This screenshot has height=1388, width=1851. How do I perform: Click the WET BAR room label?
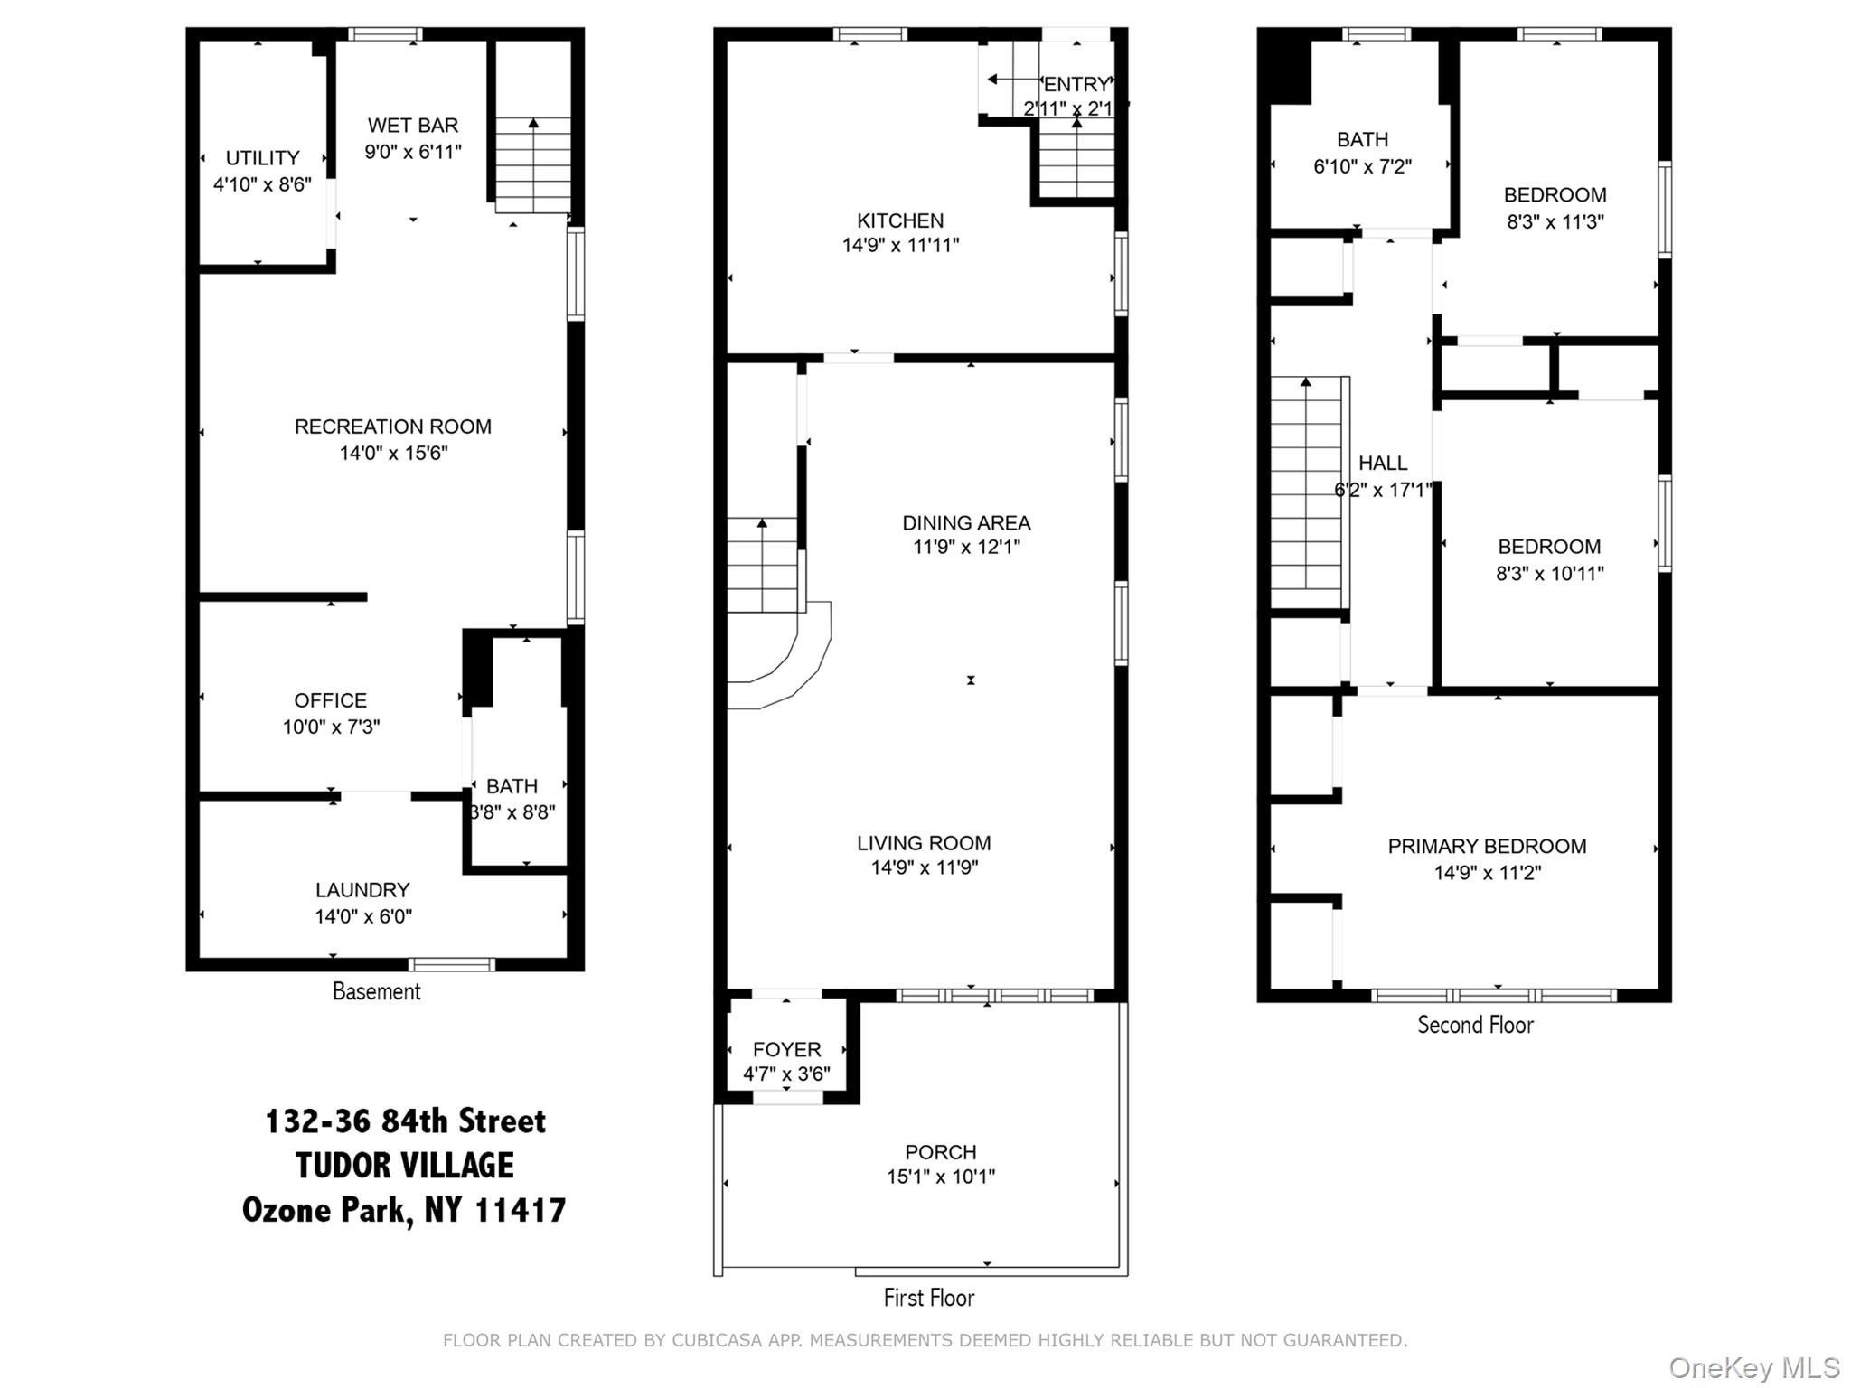pos(413,126)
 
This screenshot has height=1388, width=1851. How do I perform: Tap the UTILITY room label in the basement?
pos(262,158)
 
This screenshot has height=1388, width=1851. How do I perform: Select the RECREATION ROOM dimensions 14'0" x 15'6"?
pos(393,453)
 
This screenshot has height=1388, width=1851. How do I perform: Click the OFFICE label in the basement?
pos(331,700)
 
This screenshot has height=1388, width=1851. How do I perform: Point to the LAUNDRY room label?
pos(362,890)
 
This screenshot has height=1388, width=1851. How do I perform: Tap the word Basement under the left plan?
pos(377,991)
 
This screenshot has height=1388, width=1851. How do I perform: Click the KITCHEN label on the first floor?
pos(900,220)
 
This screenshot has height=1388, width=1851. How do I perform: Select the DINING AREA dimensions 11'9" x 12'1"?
pos(966,547)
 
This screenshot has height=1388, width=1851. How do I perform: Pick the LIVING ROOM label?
pos(924,843)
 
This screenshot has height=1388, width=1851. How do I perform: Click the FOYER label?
pos(787,1050)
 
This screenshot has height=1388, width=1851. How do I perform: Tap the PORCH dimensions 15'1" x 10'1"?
pos(941,1177)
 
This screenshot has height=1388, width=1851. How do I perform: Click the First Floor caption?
pos(929,1298)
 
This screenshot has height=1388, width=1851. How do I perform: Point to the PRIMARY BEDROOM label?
pos(1487,847)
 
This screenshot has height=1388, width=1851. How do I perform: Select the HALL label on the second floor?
pos(1383,464)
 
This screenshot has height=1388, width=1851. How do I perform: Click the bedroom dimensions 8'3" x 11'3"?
pos(1555,221)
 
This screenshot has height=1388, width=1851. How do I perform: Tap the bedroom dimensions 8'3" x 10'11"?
pos(1549,573)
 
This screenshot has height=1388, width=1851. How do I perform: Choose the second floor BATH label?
pos(1362,140)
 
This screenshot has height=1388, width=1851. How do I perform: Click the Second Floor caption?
pos(1475,1025)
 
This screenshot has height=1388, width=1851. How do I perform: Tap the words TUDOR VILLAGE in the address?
pos(405,1166)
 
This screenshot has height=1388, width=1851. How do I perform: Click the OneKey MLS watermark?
pos(1754,1368)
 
